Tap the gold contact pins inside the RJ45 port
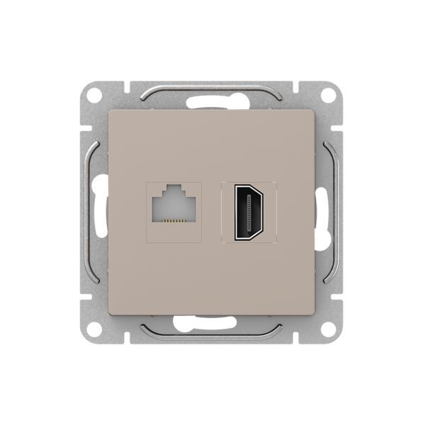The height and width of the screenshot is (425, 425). click(173, 222)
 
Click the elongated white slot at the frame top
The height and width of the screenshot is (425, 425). click(212, 101)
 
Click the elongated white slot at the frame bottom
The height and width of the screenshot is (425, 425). click(212, 323)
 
